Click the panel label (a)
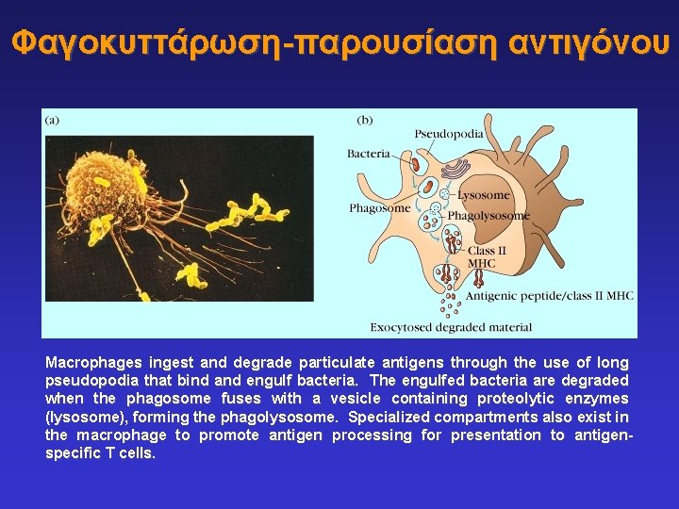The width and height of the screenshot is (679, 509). (52, 120)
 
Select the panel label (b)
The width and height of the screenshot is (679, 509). (364, 120)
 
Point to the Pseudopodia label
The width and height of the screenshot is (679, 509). (449, 134)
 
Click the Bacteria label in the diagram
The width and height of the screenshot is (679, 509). (368, 154)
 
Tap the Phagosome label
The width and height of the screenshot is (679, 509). (379, 208)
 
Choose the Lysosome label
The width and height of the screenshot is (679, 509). (484, 195)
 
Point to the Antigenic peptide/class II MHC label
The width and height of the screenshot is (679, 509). (549, 296)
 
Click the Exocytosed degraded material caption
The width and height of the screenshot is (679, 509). (451, 327)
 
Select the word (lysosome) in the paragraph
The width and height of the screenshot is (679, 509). (79, 417)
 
